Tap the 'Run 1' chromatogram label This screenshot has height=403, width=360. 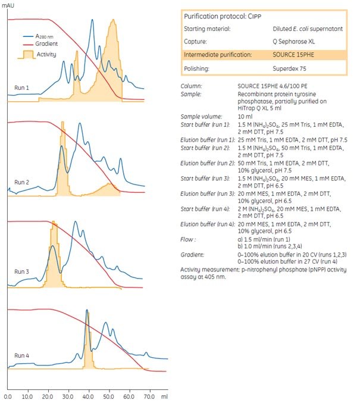(22, 88)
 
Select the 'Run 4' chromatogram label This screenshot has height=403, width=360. (22, 357)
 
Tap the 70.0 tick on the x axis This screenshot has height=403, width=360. (149, 395)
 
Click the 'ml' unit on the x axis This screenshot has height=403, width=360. (165, 395)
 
